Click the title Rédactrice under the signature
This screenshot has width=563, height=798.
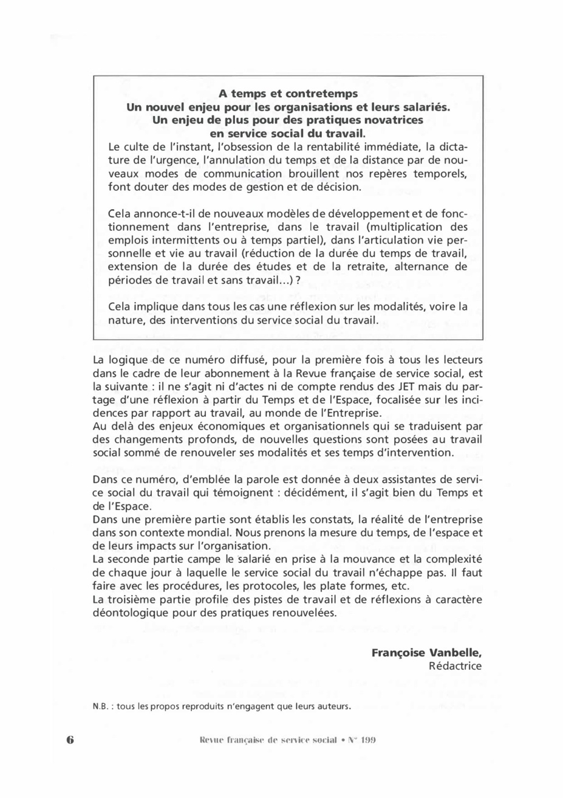(x=455, y=666)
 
